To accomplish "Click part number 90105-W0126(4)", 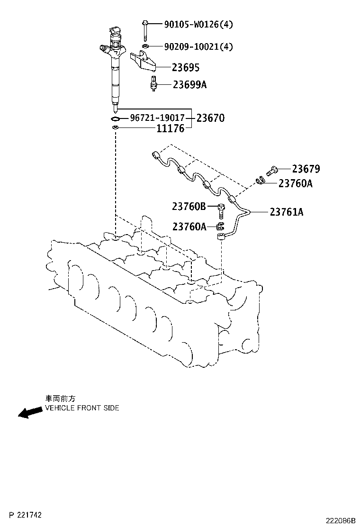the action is click(198, 24).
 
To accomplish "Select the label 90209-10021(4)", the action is click(198, 46).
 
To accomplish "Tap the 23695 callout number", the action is click(186, 68).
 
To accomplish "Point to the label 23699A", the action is click(190, 84).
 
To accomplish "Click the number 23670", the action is click(211, 118).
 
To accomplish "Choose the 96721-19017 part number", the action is click(157, 118).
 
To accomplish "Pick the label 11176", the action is click(171, 128).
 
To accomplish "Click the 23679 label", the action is click(306, 169).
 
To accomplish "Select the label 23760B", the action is click(189, 206).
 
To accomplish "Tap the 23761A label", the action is click(287, 212).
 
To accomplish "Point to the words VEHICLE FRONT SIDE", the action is click(82, 408).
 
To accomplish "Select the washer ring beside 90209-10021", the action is click(145, 46).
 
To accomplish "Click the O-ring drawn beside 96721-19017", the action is click(115, 118).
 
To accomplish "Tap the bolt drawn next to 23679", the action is click(271, 171).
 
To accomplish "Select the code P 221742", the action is click(25, 515).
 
